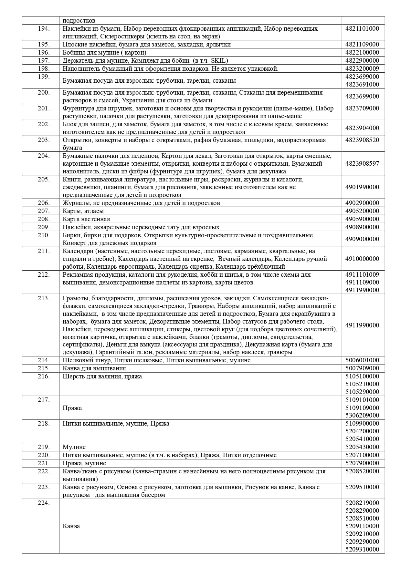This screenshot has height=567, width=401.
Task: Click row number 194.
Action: tap(44, 28)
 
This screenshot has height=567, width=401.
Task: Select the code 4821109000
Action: tap(362, 44)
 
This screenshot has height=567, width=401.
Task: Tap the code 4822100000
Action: tap(362, 52)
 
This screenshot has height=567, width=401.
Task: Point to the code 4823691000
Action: tap(362, 84)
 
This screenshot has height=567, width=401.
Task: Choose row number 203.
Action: tap(44, 140)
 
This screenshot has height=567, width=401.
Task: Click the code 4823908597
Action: tap(362, 163)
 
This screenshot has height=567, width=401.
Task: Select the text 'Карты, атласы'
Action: tap(83, 211)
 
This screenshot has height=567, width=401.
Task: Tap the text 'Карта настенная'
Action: tap(86, 219)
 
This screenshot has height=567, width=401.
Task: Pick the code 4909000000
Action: tap(362, 239)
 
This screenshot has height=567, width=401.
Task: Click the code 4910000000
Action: tap(362, 259)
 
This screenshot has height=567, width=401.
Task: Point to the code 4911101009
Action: tap(362, 274)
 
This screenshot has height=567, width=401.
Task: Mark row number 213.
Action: tap(44, 298)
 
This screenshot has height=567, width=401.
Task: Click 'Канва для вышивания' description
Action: tap(94, 368)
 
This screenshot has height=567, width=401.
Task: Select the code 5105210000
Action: tap(362, 384)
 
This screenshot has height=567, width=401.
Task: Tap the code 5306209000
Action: tap(362, 415)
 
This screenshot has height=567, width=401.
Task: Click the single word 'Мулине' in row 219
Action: tap(74, 447)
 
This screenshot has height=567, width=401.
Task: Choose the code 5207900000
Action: tap(362, 463)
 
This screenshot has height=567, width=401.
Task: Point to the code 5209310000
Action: tap(362, 549)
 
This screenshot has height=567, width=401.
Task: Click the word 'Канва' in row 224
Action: tap(71, 526)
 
